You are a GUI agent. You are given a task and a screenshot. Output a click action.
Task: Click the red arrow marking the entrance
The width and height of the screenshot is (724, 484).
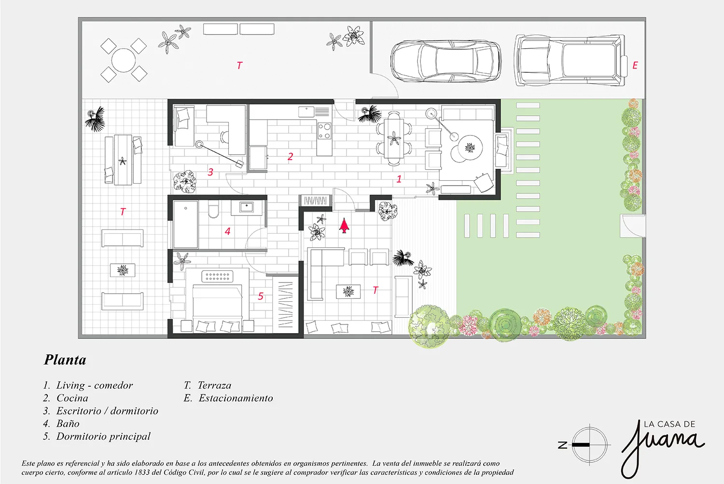click(x=344, y=226)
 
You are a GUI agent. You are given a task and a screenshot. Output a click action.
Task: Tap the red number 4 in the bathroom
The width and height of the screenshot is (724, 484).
click(x=227, y=231)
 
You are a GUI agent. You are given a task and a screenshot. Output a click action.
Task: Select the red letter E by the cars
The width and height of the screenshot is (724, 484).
click(x=635, y=66)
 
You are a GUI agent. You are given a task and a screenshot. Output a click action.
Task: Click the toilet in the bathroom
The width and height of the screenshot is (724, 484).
click(x=214, y=209)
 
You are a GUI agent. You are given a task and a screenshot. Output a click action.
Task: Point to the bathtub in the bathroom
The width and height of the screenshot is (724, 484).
click(x=186, y=224)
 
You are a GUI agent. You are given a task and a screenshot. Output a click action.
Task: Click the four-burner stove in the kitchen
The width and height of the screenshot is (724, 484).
click(x=324, y=131)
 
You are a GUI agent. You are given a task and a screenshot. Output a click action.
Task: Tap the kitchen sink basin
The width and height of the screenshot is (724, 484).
click(x=306, y=112)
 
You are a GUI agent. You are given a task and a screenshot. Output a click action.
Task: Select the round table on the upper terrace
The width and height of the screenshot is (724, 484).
click(x=124, y=60)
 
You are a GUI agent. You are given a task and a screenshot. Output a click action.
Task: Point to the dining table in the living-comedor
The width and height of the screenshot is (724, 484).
click(x=394, y=138)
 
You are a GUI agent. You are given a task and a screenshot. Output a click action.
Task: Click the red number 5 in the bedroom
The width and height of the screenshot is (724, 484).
click(x=261, y=296)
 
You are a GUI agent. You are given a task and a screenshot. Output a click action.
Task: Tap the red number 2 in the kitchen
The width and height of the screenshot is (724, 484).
click(x=290, y=157)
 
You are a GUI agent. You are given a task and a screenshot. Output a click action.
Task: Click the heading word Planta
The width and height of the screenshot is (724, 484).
click(x=65, y=360)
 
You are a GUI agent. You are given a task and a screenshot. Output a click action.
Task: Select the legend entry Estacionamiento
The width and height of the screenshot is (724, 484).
click(x=236, y=398)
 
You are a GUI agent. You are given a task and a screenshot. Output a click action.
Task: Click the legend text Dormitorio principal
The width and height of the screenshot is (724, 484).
click(x=103, y=437)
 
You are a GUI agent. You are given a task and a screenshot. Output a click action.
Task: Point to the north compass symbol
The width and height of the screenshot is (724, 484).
click(x=589, y=444)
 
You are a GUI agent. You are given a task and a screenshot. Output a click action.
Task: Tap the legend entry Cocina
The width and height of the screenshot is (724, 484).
click(x=72, y=398)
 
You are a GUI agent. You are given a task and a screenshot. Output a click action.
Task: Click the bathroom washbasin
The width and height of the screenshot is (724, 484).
click(x=247, y=207)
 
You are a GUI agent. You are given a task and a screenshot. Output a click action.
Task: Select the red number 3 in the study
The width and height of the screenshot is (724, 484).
click(x=210, y=172)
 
